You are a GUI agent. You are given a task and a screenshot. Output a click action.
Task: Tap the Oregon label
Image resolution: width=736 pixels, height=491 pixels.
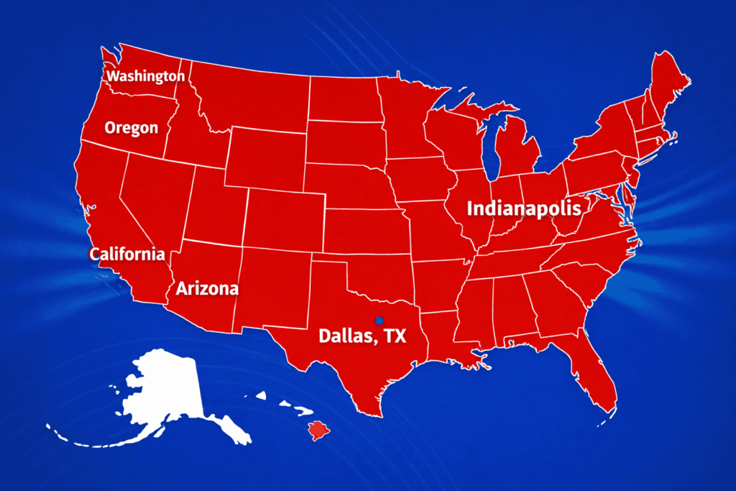coord(131,128)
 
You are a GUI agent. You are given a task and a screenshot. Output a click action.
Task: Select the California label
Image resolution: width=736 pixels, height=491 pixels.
coord(127,254)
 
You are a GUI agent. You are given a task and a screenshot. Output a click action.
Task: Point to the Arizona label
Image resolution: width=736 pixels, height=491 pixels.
coord(207,289)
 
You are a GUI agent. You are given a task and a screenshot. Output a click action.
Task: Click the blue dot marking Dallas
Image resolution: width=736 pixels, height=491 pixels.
coord(379,320)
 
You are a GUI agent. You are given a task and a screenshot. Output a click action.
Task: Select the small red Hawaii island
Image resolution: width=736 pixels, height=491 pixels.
coord(318,431)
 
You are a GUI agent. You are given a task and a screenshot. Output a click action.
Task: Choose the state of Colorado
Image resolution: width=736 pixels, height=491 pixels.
coord(284,219)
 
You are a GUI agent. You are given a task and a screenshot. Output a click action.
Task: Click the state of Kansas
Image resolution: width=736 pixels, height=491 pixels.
coord(363,230)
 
